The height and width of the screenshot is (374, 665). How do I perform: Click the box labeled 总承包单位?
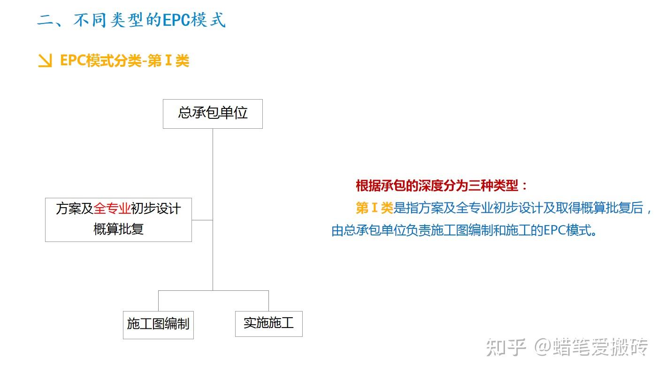point(213,114)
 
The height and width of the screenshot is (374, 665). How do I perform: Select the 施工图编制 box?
point(158,324)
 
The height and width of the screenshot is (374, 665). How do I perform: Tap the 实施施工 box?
point(268,323)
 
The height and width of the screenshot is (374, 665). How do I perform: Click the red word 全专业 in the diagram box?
point(112,209)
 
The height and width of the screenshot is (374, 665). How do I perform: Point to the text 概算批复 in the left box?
point(118,229)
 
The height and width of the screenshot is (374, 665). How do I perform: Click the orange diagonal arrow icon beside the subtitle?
point(45,61)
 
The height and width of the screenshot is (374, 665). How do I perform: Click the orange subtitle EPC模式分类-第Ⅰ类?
point(124,61)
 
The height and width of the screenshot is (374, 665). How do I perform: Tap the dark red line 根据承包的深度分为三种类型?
point(441,186)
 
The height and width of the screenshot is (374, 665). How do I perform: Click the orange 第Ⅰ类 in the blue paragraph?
point(374,208)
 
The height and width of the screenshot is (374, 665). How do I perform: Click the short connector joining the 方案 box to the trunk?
point(202,220)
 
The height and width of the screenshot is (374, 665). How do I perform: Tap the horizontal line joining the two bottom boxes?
point(214,291)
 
